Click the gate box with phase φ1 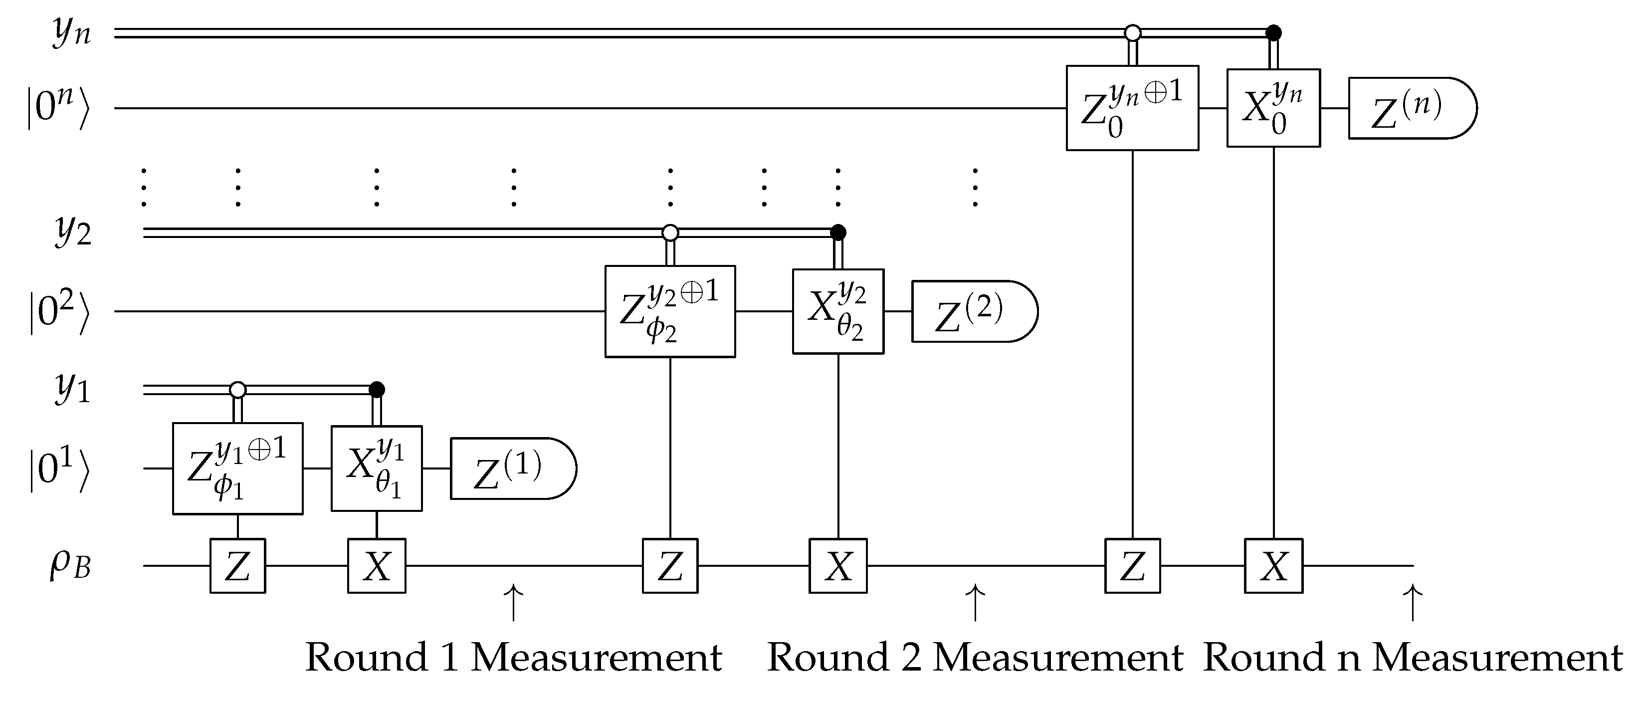tap(238, 468)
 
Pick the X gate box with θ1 tap(376, 468)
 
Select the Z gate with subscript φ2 tap(670, 311)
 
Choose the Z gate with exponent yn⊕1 tap(1132, 108)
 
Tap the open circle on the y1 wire tap(238, 389)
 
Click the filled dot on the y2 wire tap(838, 232)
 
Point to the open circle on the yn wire tap(1132, 32)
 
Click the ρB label tap(70, 565)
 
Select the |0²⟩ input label tap(58, 311)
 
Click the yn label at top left tap(71, 32)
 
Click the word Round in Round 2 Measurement tap(827, 658)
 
